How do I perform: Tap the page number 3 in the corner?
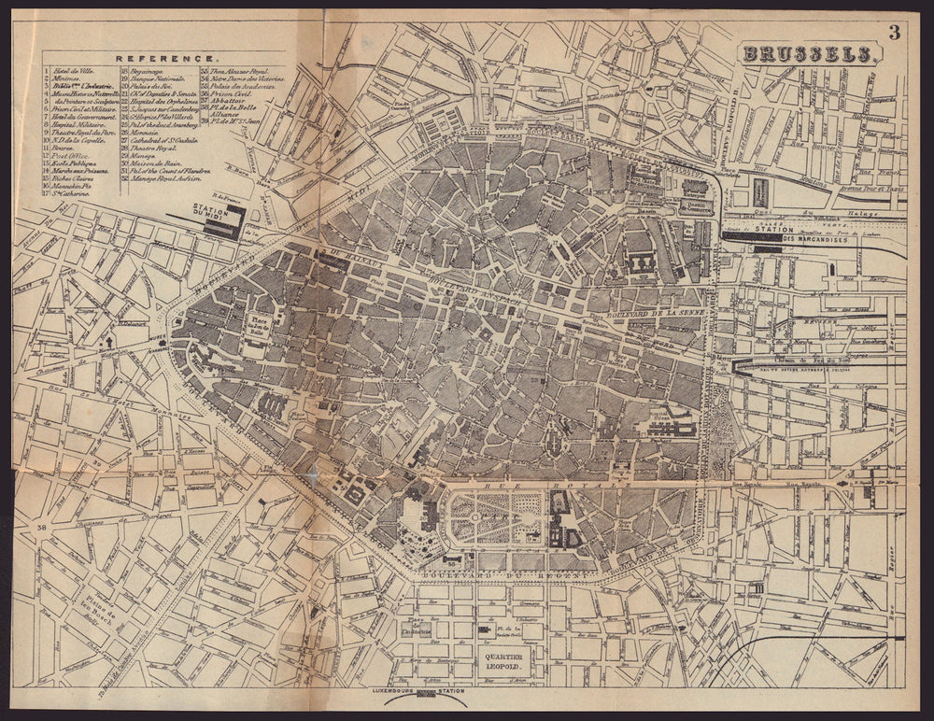[x=894, y=33]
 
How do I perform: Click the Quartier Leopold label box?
[x=505, y=660]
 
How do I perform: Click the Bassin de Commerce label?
[x=696, y=207]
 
